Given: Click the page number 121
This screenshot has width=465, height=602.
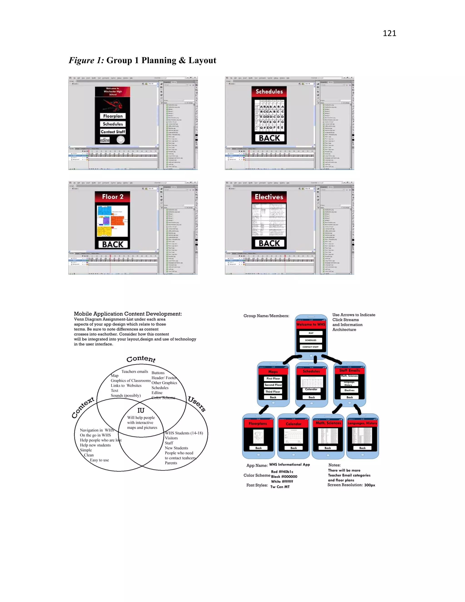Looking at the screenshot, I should click(389, 33).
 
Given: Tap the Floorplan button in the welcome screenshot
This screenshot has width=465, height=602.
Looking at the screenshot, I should click(113, 116).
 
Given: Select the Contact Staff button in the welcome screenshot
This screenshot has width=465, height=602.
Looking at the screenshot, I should click(113, 132).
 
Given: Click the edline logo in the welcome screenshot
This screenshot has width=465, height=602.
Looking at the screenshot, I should click(105, 140).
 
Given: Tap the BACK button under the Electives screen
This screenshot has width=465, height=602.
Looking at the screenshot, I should click(269, 243).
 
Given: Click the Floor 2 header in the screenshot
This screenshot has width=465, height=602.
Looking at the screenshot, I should click(112, 197).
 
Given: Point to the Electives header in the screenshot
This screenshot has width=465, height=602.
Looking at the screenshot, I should click(269, 197).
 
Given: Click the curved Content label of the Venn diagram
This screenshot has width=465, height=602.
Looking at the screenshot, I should click(141, 359).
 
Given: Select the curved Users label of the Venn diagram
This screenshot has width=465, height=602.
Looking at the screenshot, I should click(197, 404).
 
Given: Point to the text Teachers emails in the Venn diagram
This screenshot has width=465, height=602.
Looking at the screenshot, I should click(135, 372).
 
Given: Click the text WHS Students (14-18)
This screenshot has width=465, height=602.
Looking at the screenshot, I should click(184, 433).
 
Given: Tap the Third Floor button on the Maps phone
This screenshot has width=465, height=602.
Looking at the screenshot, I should click(273, 392).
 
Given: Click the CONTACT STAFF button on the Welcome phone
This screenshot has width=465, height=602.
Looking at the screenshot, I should click(310, 347).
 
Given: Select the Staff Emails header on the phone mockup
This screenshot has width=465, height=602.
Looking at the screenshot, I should click(349, 371).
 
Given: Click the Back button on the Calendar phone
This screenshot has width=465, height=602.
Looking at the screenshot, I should click(294, 448).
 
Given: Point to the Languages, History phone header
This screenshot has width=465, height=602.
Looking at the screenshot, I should click(362, 423).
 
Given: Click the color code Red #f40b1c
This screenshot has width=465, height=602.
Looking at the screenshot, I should click(282, 472).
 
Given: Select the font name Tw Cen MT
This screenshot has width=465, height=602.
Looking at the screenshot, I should click(280, 487).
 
